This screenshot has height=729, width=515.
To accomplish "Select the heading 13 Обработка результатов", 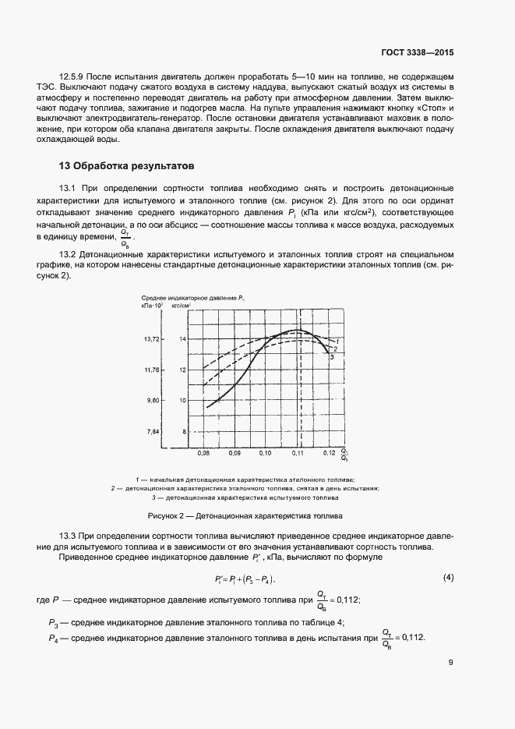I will [121, 166].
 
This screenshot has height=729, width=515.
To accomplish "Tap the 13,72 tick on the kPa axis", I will [151, 339].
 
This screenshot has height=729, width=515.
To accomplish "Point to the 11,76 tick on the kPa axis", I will [151, 370].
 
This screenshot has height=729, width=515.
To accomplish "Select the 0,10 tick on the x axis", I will [265, 452].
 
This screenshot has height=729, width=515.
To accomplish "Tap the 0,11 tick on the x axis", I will [298, 452].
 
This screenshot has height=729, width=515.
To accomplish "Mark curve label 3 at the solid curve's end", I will [333, 356].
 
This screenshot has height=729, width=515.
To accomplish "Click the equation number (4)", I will [448, 578].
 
